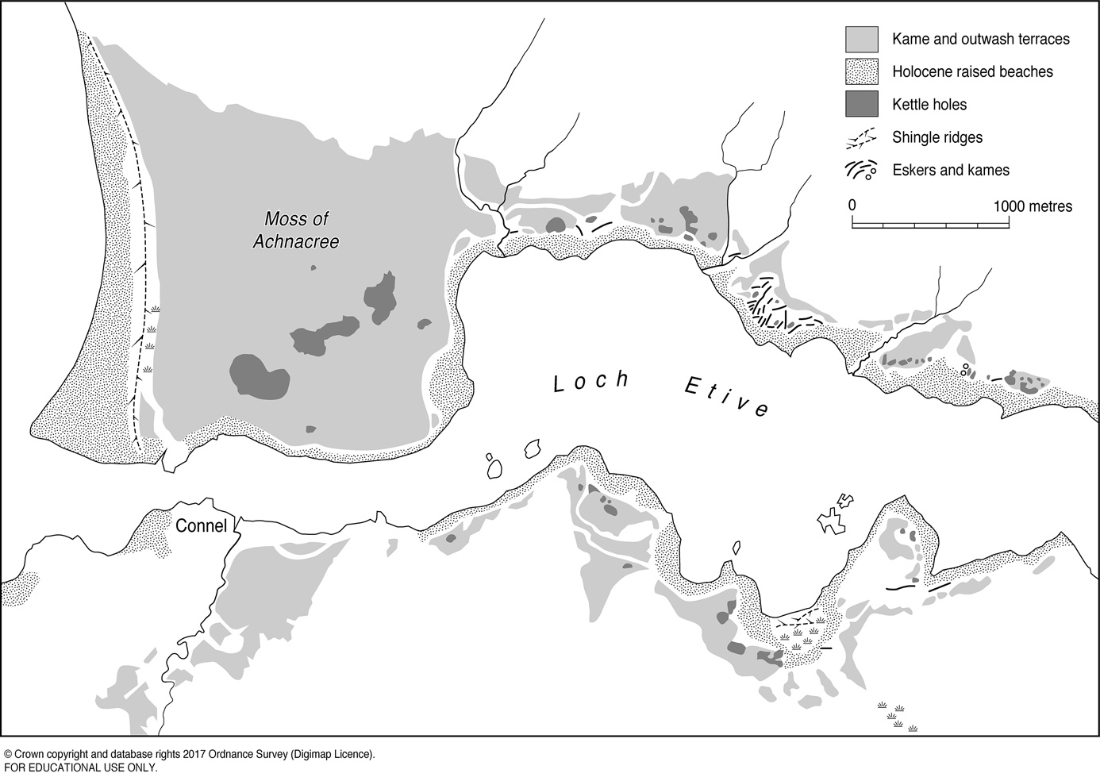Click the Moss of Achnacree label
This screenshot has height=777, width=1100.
pyautogui.click(x=295, y=230)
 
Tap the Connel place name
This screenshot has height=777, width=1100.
pyautogui.click(x=201, y=525)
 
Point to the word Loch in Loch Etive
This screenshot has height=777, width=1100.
pyautogui.click(x=591, y=382)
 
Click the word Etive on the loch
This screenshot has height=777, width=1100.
pyautogui.click(x=727, y=396)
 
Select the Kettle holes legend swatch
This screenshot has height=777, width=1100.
pyautogui.click(x=861, y=104)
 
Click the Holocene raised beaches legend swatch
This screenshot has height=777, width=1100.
pyautogui.click(x=861, y=71)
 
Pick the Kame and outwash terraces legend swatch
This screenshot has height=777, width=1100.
pyautogui.click(x=861, y=39)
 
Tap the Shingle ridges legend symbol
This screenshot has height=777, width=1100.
pyautogui.click(x=861, y=137)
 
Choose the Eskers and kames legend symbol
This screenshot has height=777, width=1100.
pyautogui.click(x=861, y=170)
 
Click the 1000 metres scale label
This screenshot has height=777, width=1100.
pyautogui.click(x=1033, y=206)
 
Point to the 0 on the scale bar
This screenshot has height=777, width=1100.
pyautogui.click(x=852, y=206)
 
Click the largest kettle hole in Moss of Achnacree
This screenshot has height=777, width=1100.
pyautogui.click(x=259, y=376)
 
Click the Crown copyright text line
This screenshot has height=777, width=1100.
pyautogui.click(x=189, y=754)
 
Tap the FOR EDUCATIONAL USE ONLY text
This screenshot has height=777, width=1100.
pyautogui.click(x=80, y=767)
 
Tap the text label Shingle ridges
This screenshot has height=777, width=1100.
pyautogui.click(x=937, y=137)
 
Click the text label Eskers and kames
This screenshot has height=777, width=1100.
pyautogui.click(x=950, y=170)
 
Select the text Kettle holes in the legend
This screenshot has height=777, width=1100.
pyautogui.click(x=929, y=104)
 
